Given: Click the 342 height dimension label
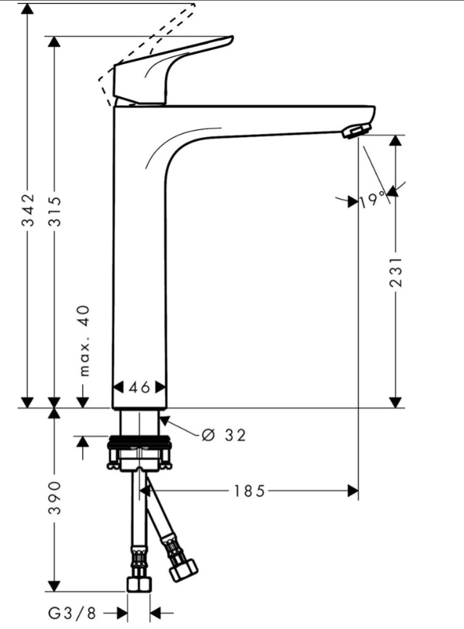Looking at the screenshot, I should (x=28, y=210).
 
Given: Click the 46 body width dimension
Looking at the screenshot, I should (x=139, y=387).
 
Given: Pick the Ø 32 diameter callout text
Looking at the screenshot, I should (x=224, y=435).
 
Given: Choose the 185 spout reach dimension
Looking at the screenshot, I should (x=248, y=491).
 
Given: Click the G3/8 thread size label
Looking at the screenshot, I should (x=72, y=613).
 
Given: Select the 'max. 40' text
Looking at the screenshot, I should (x=84, y=340).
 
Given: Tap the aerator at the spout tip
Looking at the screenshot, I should (x=354, y=131).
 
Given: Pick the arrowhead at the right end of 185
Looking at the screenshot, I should (x=354, y=491).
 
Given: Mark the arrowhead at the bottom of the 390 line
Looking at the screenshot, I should (x=54, y=586).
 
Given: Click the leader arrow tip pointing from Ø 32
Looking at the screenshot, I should (x=161, y=419).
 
